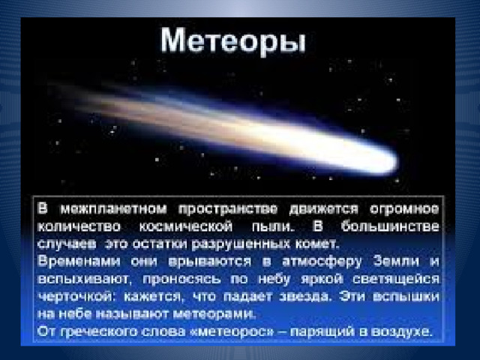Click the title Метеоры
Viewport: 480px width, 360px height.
tap(233, 41)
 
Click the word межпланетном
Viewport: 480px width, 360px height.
tap(113, 209)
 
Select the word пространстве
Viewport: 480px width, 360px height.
tap(228, 209)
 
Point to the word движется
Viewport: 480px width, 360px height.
tap(323, 209)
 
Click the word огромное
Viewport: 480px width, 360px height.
tap(404, 209)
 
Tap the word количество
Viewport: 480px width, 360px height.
tap(79, 226)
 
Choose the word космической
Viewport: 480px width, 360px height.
tap(186, 226)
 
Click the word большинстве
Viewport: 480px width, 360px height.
tap(390, 226)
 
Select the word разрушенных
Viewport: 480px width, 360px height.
tap(240, 244)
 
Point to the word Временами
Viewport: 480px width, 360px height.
tap(79, 262)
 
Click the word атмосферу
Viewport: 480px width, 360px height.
tap(322, 262)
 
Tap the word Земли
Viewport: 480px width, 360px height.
tap(396, 261)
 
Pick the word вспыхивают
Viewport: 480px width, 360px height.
tap(84, 279)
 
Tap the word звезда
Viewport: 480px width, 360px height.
tap(305, 297)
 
